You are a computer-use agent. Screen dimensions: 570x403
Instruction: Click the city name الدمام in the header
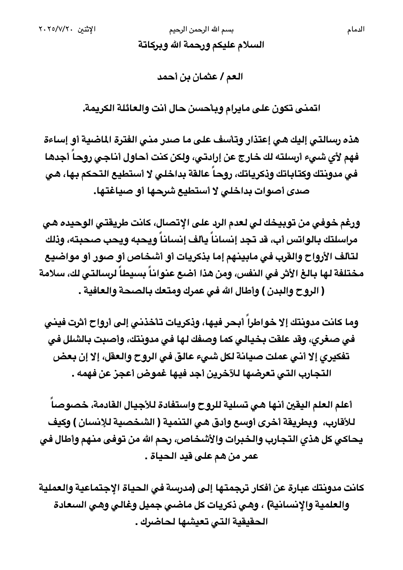(355, 30)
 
